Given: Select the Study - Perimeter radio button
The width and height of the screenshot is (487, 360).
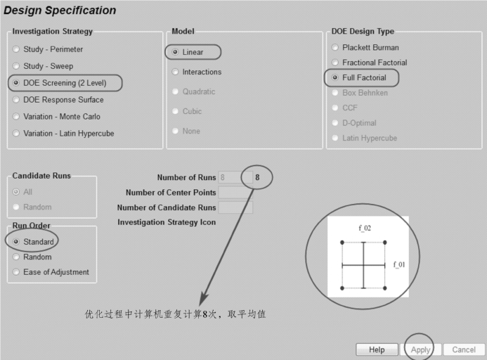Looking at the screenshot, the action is tap(16, 49).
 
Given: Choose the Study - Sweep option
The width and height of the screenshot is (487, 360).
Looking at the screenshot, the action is tap(16, 66).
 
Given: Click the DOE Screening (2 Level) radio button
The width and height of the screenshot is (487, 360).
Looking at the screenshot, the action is tap(16, 83).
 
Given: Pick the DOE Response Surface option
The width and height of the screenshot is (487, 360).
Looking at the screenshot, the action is tap(16, 100).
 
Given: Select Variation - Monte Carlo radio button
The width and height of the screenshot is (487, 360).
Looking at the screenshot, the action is tap(16, 117).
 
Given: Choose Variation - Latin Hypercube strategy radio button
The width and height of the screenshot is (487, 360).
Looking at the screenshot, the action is tap(16, 134).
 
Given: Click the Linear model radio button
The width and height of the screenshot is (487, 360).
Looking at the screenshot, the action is tap(175, 53).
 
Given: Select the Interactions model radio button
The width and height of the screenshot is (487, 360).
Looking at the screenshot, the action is tap(175, 72).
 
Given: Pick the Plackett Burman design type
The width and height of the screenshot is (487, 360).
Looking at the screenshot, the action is tap(335, 48).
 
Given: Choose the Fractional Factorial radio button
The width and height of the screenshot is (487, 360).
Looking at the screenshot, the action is tap(335, 63).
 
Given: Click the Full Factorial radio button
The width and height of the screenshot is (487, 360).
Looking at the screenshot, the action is tap(335, 77).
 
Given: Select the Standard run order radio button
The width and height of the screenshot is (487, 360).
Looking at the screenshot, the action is tap(16, 242).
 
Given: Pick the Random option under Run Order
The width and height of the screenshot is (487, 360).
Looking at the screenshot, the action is tap(16, 257).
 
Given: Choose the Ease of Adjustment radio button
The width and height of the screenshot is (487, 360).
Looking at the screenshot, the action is tap(16, 272).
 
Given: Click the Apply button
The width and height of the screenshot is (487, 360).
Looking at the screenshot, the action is tap(420, 349).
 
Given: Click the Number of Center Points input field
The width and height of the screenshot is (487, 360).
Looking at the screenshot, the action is tap(235, 193).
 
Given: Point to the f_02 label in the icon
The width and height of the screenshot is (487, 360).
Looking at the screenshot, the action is tap(363, 228).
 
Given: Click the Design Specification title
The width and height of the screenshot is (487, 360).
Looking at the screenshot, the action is tap(60, 11).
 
